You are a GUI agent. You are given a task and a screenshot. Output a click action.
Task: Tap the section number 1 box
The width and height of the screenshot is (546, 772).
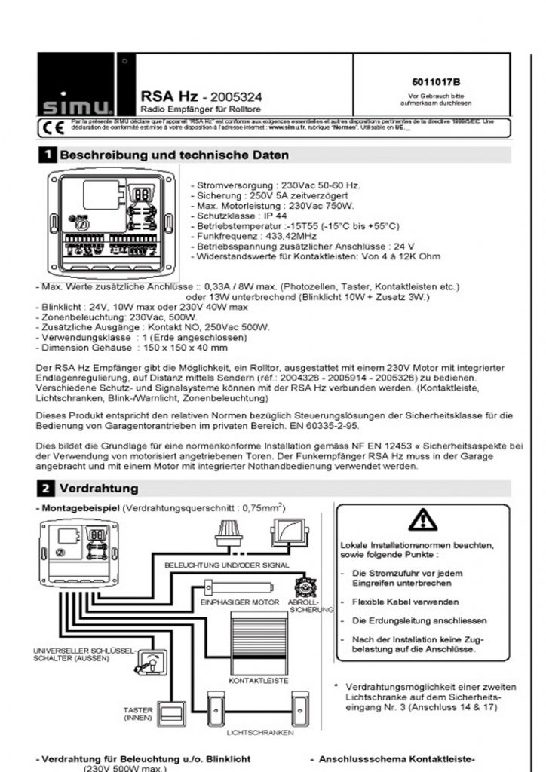(47, 155)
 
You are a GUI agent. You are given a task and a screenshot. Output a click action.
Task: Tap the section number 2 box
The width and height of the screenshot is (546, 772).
(47, 489)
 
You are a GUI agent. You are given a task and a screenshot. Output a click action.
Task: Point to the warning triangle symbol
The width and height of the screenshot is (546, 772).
(422, 519)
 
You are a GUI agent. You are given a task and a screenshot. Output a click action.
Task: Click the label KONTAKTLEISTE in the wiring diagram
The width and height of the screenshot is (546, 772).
(259, 680)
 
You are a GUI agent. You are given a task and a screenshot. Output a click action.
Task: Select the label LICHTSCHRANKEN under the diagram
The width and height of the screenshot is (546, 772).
(260, 732)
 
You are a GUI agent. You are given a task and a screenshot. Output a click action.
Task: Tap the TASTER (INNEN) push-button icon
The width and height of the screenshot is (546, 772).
(175, 711)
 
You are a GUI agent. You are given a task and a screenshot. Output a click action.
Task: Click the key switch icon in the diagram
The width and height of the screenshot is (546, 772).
(149, 663)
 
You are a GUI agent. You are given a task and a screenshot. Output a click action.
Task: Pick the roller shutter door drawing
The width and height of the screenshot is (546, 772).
(259, 642)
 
